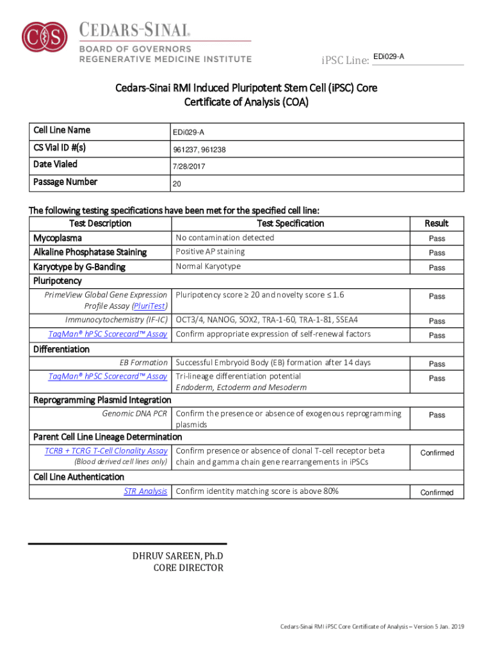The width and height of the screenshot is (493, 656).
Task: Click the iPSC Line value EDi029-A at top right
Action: [x=389, y=57]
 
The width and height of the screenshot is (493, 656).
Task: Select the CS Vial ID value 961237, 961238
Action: [x=198, y=150]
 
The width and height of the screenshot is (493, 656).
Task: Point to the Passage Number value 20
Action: [x=177, y=184]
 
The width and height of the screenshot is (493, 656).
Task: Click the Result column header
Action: [x=437, y=224]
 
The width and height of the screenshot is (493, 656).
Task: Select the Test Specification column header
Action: [x=290, y=224]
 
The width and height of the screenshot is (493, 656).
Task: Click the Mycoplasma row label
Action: [x=58, y=238]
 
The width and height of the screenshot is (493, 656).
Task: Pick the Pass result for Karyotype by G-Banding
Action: [x=437, y=268]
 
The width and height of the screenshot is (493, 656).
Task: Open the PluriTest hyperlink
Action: [x=150, y=306]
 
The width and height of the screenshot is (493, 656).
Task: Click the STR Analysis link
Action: [x=145, y=491]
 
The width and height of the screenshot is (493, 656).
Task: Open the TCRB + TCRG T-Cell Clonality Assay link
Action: [x=106, y=451]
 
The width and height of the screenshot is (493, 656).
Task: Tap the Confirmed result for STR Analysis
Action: [x=437, y=493]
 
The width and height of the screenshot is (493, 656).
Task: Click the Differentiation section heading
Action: [x=61, y=349]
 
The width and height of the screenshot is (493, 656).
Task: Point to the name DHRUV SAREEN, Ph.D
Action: [x=178, y=555]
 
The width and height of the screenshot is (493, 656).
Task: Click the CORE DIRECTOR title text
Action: [x=188, y=568]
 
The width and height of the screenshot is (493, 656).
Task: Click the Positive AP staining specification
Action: [x=210, y=252]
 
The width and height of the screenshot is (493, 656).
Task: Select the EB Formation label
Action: [x=143, y=363]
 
